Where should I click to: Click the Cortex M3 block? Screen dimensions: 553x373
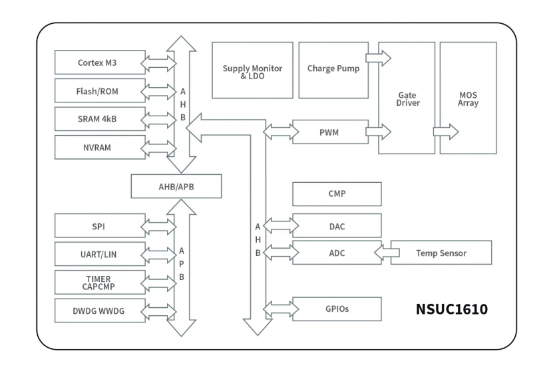coord(100,62)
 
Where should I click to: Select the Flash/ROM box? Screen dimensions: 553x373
coord(100,91)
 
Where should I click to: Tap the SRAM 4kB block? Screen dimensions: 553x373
coord(100,119)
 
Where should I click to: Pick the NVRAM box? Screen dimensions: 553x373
coord(100,147)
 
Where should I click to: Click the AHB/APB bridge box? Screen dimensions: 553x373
coord(176,186)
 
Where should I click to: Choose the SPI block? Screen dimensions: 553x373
coord(100,226)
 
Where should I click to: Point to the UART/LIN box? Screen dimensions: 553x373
coord(100,254)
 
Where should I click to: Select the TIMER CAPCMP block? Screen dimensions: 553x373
coord(100,283)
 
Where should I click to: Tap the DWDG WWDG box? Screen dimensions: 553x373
coord(100,311)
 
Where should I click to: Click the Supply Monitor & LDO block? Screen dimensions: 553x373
coord(252,70)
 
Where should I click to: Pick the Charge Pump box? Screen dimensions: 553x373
coord(333,70)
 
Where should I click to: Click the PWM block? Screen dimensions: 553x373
coord(331,132)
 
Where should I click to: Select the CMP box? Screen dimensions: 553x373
coord(337,194)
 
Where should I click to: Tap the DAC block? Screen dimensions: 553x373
coord(337,226)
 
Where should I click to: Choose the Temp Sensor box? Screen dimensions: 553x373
coord(441,253)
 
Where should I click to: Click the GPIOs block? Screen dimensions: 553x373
coord(337,309)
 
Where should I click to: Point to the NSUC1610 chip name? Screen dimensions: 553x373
coord(452,309)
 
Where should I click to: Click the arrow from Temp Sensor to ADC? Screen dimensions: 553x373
coord(387,253)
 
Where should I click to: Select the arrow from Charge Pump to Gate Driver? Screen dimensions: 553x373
coord(379,58)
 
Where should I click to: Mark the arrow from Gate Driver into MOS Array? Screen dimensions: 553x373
coord(446,132)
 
